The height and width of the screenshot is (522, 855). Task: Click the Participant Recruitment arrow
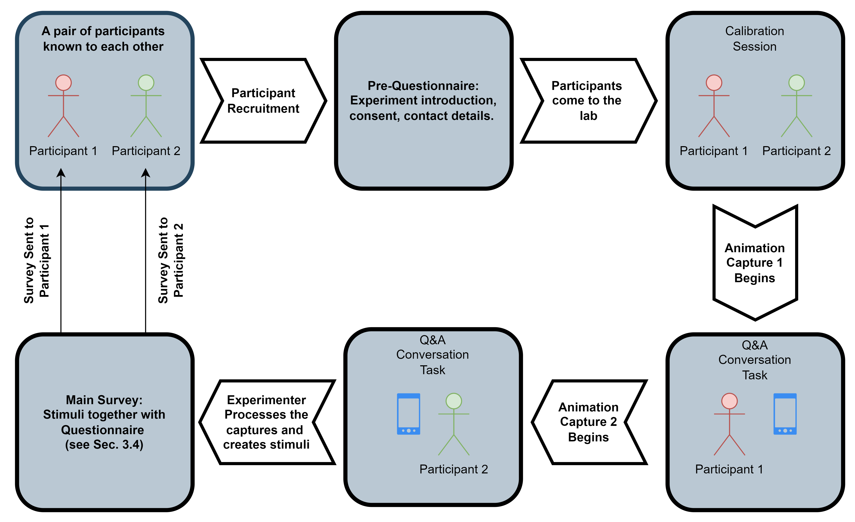pyautogui.click(x=264, y=101)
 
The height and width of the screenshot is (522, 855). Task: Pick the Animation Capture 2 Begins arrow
pyautogui.click(x=589, y=422)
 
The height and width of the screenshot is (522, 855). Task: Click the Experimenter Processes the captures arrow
pyautogui.click(x=266, y=422)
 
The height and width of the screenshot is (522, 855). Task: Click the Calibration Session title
pyautogui.click(x=754, y=38)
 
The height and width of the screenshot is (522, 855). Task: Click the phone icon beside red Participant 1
pyautogui.click(x=785, y=414)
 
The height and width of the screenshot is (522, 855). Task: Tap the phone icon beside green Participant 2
pyautogui.click(x=408, y=414)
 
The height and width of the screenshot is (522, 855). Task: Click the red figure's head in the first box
pyautogui.click(x=63, y=83)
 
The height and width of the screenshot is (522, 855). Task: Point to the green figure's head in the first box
pyautogui.click(x=146, y=83)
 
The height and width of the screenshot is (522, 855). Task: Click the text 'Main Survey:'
pyautogui.click(x=104, y=400)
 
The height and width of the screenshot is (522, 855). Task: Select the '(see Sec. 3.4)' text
pyautogui.click(x=104, y=444)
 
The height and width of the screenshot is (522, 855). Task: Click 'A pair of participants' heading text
pyautogui.click(x=103, y=31)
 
